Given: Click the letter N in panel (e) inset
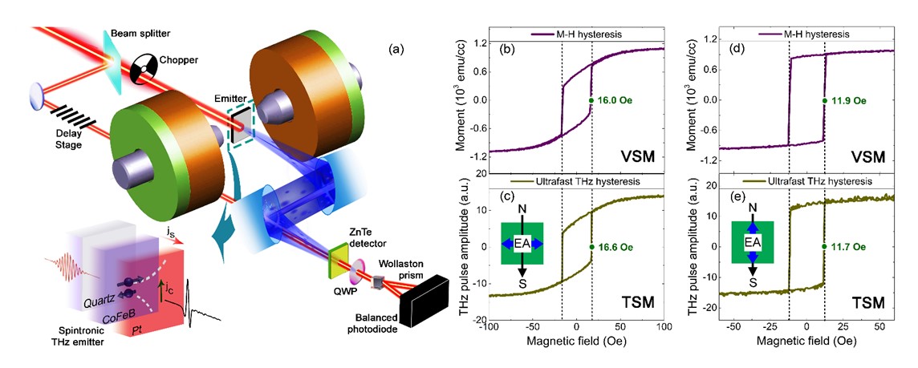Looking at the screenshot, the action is coord(753,207).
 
